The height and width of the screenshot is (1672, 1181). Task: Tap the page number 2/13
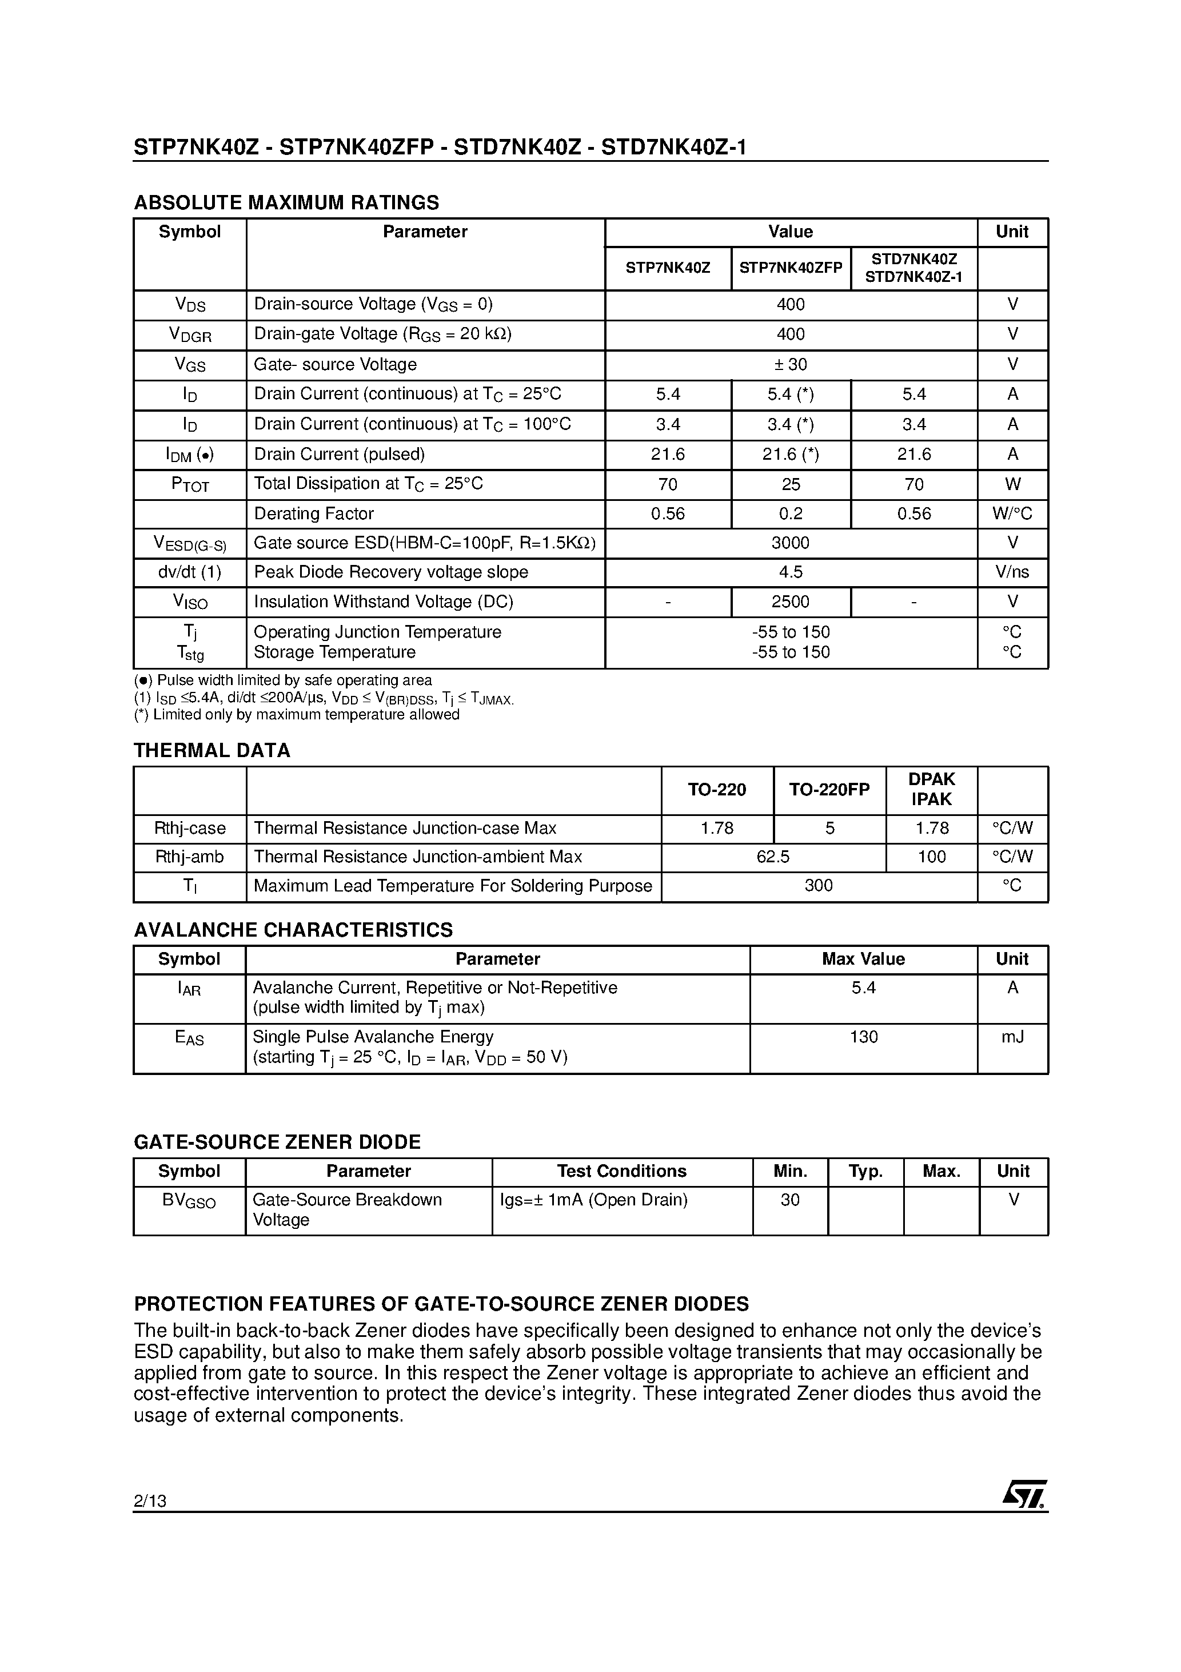point(150,1500)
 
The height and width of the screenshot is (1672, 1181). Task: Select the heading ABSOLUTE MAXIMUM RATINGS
point(286,202)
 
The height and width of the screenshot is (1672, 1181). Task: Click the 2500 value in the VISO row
point(790,602)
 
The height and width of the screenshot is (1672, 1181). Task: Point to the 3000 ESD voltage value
point(790,543)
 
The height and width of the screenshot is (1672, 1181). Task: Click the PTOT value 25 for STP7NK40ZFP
point(790,484)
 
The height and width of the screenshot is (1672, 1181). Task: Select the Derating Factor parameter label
point(314,513)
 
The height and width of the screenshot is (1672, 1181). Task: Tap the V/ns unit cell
point(1012,572)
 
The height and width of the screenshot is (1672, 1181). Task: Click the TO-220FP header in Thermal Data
point(829,789)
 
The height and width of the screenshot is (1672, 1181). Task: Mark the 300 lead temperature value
point(819,886)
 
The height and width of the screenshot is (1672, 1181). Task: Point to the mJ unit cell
point(1012,1036)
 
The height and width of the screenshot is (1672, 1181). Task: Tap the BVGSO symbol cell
point(189,1200)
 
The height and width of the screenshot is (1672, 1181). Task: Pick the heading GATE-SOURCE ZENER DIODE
point(277,1141)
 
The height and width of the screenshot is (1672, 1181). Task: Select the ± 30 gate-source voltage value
point(790,364)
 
